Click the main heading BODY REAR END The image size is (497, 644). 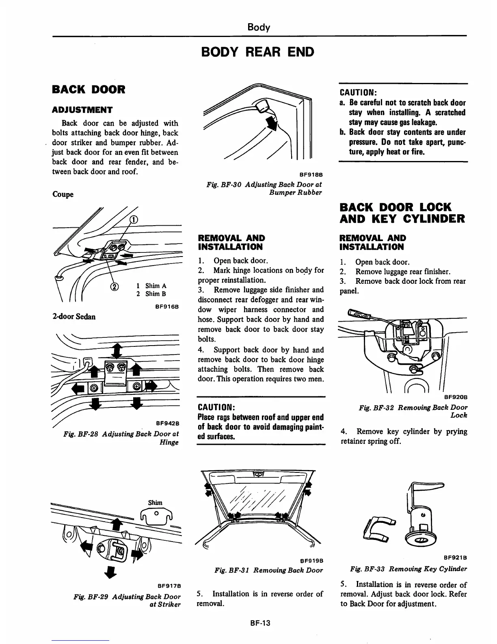(x=258, y=52)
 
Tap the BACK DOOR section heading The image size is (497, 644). (x=89, y=89)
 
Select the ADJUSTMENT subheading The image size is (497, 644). (x=82, y=110)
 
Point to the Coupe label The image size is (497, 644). (x=63, y=194)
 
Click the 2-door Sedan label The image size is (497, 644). (x=74, y=316)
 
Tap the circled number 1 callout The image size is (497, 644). (x=133, y=220)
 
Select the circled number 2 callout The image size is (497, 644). (x=115, y=287)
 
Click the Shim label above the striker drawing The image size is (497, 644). (x=155, y=503)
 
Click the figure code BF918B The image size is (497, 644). (x=311, y=175)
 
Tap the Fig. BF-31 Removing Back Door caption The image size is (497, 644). (x=268, y=570)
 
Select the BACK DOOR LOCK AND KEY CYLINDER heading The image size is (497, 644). (x=402, y=213)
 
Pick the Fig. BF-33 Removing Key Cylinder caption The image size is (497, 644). (x=408, y=569)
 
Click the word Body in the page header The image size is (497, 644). (x=259, y=27)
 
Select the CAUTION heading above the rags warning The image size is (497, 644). (x=216, y=407)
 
